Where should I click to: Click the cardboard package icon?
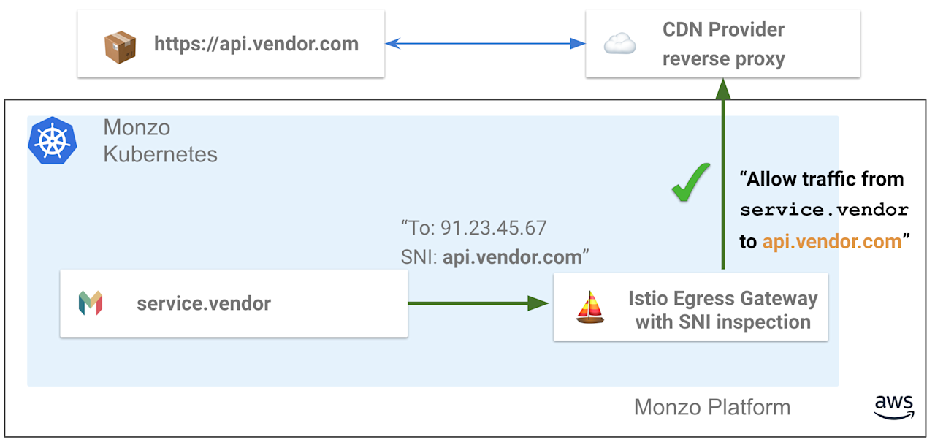click(120, 46)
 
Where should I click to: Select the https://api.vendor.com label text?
click(256, 44)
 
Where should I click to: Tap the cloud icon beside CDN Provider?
click(619, 45)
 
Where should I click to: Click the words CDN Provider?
click(723, 30)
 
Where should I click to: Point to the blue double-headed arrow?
click(485, 44)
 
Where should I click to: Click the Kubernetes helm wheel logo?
click(53, 140)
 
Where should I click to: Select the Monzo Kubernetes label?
click(160, 140)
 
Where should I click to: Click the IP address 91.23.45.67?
click(493, 228)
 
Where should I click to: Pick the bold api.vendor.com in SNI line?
click(512, 256)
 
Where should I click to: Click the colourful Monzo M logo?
click(91, 303)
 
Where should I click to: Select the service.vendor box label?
click(203, 303)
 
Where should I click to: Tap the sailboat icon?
click(590, 308)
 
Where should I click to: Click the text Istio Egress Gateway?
click(722, 298)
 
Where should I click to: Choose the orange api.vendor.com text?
click(832, 242)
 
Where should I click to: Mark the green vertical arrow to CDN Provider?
click(723, 175)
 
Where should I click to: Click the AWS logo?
click(893, 406)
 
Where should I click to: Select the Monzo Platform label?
click(711, 407)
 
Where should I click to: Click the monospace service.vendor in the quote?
click(824, 210)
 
